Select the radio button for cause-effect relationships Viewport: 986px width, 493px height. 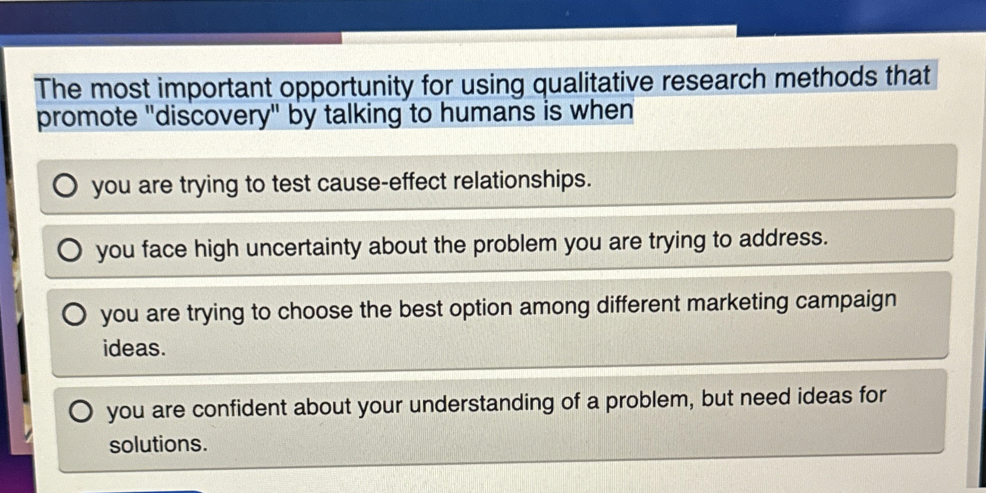tap(65, 185)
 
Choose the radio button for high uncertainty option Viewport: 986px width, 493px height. tap(70, 250)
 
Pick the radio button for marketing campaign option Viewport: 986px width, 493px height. tap(74, 314)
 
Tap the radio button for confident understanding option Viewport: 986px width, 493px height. tap(81, 411)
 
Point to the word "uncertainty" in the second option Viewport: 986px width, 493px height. tap(303, 246)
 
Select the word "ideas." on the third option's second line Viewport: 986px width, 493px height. tap(134, 348)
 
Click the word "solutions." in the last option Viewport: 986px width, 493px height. tap(158, 444)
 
